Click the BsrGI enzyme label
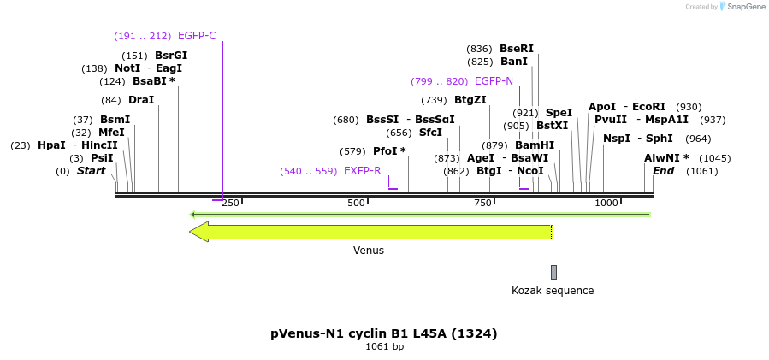tap(171, 56)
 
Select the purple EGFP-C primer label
tap(197, 36)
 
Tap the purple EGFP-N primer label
tap(494, 81)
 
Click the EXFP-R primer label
tap(362, 171)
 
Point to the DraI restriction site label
tap(141, 100)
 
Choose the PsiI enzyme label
tap(102, 158)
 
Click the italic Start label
tap(91, 171)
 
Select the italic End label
tap(663, 171)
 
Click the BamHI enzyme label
tap(535, 145)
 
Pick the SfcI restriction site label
tap(430, 133)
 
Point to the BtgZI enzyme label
tap(470, 100)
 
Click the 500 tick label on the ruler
tap(356, 203)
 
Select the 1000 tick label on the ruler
tap(606, 203)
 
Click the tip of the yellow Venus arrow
tap(192, 232)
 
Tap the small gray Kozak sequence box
tap(553, 272)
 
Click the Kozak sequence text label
tap(553, 291)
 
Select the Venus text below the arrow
tap(369, 251)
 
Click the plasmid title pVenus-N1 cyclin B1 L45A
tap(384, 333)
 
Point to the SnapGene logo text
tap(746, 7)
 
